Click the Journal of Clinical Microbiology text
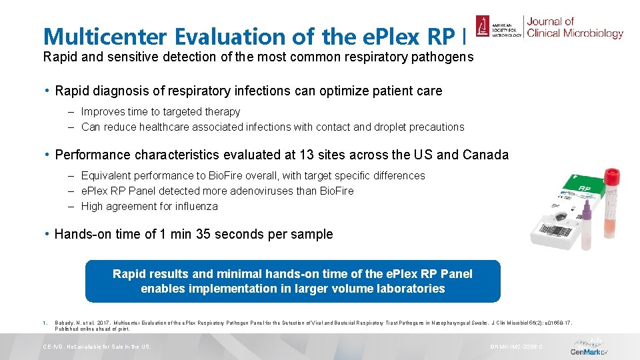575,27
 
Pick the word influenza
194,206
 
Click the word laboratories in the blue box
412,289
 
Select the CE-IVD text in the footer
55,347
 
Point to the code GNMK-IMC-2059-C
517,347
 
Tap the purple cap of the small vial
586,213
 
